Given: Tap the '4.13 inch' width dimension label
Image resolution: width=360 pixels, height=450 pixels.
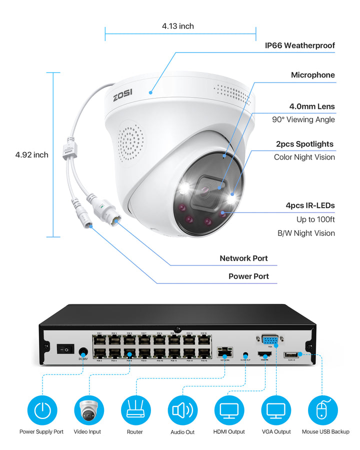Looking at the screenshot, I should (178, 26).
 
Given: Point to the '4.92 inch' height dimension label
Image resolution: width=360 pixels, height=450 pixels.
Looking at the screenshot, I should (31, 154).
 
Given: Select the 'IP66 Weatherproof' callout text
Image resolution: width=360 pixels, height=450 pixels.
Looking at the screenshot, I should (299, 45).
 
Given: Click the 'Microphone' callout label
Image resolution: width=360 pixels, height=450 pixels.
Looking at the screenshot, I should (313, 75).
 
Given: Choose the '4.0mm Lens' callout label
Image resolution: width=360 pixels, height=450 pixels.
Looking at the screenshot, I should (312, 106).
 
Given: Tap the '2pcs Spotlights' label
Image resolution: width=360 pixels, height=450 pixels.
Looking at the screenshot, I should (304, 144).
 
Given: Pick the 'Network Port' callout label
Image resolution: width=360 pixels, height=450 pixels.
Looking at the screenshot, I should (243, 258).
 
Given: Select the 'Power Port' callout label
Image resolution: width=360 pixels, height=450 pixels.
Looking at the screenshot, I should (248, 276).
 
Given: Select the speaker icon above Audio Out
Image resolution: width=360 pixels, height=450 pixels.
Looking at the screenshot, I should (182, 410).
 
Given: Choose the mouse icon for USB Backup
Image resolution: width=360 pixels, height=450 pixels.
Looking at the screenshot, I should (322, 410).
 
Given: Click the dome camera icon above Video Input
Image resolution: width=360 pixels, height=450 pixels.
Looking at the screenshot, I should (88, 410).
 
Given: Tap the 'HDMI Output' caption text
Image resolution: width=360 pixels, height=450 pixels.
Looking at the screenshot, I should (229, 431).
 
